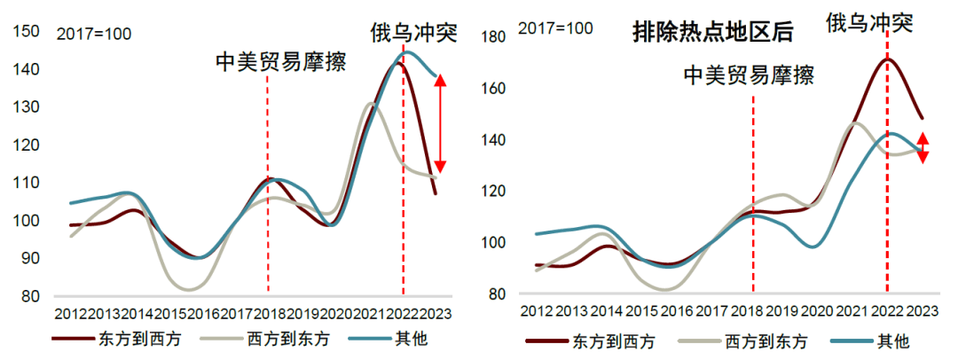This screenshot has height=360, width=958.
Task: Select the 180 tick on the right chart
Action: [493, 36]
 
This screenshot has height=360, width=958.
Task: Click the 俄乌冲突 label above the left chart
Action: [412, 34]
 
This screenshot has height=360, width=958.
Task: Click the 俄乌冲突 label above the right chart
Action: [868, 22]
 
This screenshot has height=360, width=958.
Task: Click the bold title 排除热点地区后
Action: [712, 34]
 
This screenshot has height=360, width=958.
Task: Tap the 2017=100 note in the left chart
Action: [94, 35]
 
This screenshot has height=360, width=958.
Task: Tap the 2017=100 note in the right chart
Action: [555, 29]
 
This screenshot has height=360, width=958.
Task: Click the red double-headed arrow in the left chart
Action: [441, 123]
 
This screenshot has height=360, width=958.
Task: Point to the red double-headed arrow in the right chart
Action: [923, 147]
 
